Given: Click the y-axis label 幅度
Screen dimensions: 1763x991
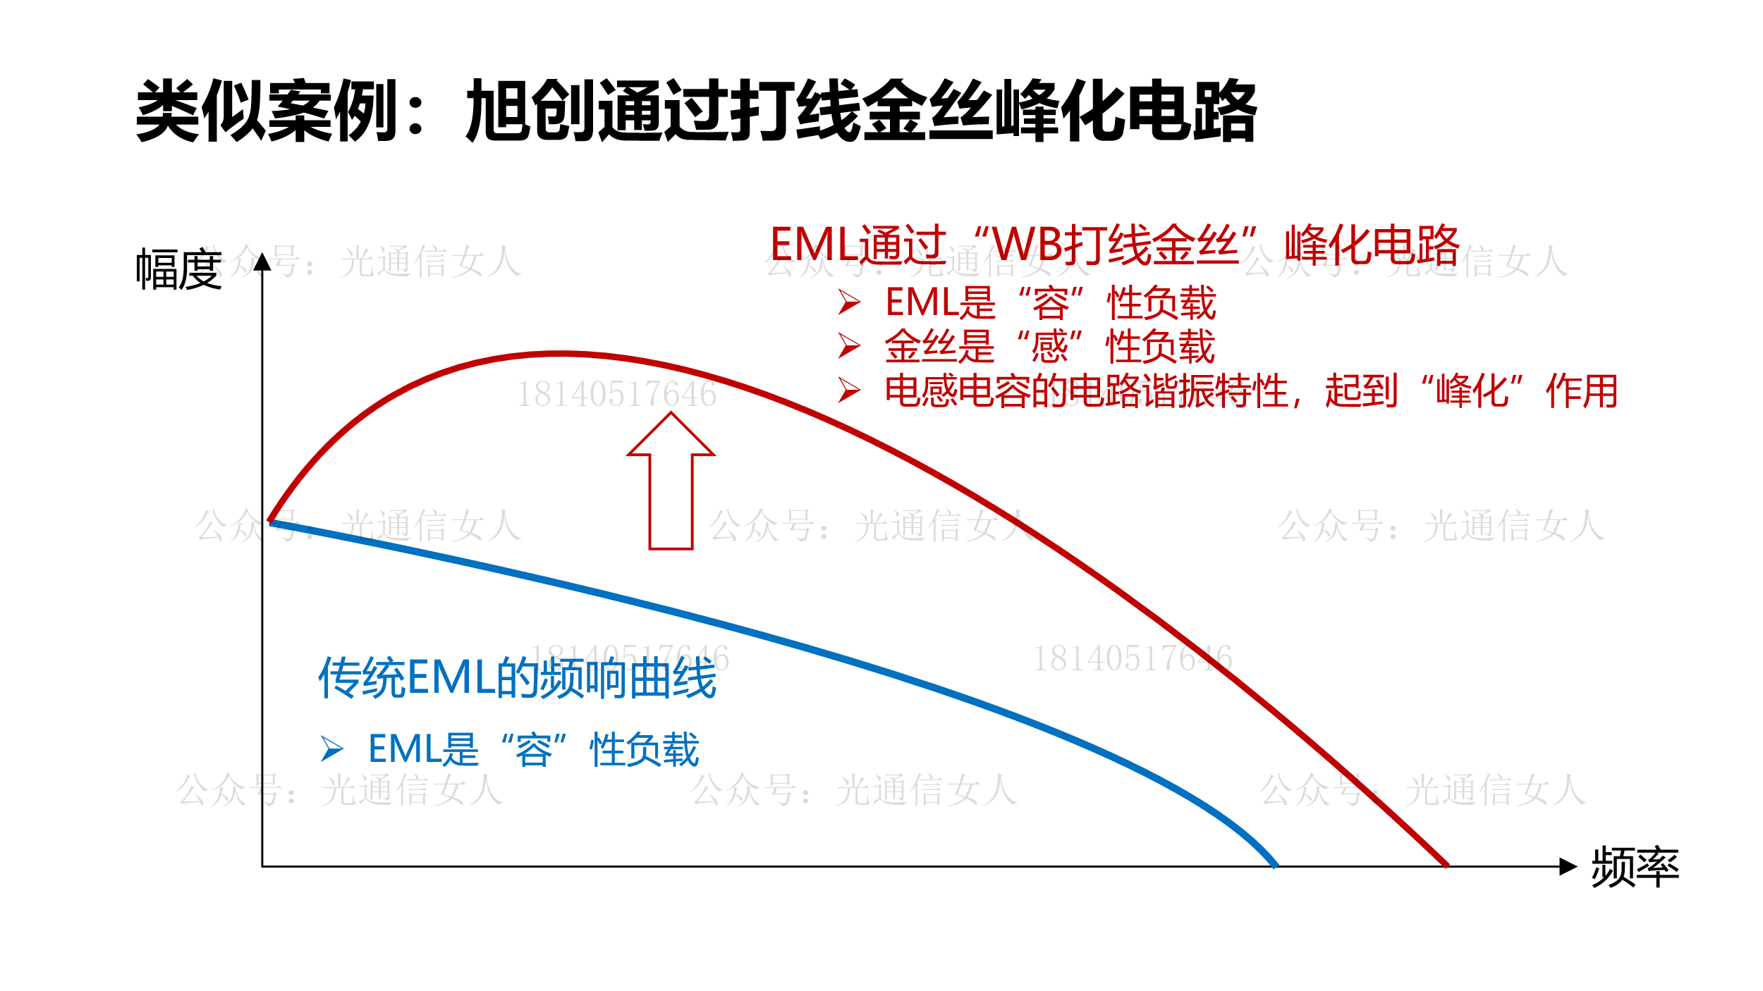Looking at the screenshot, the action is click(x=179, y=269).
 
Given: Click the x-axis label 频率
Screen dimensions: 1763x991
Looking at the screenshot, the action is click(x=1635, y=867).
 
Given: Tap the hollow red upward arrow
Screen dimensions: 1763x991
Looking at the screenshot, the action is click(x=671, y=481).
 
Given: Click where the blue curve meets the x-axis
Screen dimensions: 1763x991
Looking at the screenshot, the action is click(x=1275, y=865).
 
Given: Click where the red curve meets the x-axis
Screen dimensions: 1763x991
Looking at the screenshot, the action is click(x=1446, y=865).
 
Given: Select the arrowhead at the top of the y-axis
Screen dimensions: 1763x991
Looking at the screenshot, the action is click(x=262, y=261).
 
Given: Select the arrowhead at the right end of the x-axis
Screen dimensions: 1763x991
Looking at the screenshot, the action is click(x=1568, y=866).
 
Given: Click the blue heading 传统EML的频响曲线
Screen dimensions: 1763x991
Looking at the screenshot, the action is click(x=518, y=679).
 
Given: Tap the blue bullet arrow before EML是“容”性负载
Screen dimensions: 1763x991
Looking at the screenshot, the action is click(x=332, y=749).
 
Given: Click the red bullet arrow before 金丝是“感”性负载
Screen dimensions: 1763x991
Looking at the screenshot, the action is click(x=849, y=346).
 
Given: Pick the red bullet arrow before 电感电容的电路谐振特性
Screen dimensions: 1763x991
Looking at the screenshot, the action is click(x=849, y=390).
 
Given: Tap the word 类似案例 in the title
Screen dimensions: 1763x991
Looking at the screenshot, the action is click(x=267, y=111).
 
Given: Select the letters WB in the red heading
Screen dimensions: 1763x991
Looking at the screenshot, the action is click(x=1027, y=245).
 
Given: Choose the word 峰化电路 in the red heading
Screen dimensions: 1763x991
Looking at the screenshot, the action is click(x=1372, y=245).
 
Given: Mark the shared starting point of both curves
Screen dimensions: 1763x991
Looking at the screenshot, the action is click(x=271, y=522).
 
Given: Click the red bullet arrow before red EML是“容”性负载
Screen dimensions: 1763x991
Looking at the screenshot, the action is click(x=849, y=302).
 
